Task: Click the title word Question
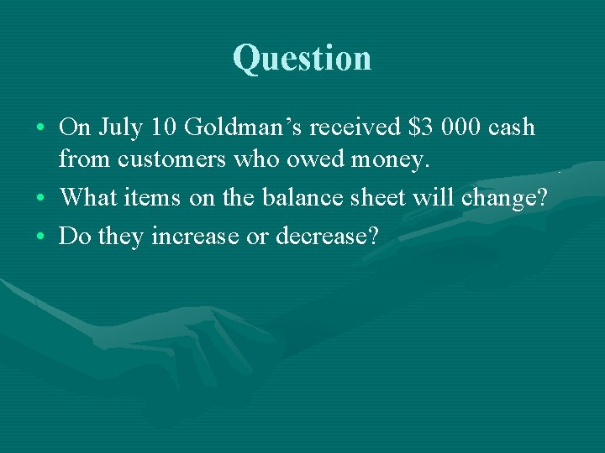(302, 58)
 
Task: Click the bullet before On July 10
(41, 129)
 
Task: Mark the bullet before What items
(41, 200)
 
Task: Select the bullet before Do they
(41, 237)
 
